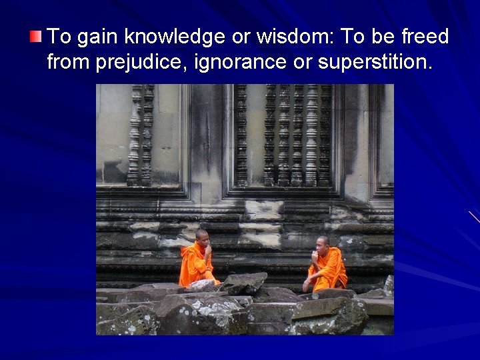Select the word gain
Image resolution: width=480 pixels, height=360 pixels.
click(x=99, y=37)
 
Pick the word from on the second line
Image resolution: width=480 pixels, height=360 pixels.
click(x=69, y=63)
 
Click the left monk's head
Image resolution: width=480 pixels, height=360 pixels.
click(x=202, y=236)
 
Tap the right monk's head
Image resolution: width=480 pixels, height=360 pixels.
click(x=323, y=242)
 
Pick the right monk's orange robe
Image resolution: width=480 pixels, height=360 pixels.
click(x=330, y=267)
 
